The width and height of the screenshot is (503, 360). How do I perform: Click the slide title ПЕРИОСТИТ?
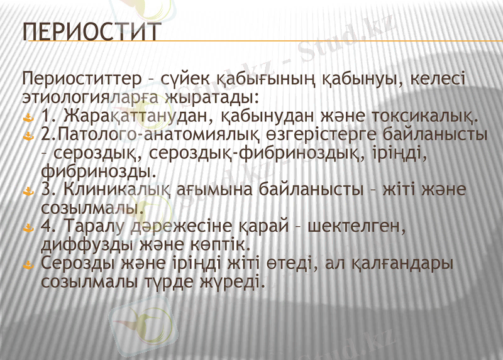point(91,31)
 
